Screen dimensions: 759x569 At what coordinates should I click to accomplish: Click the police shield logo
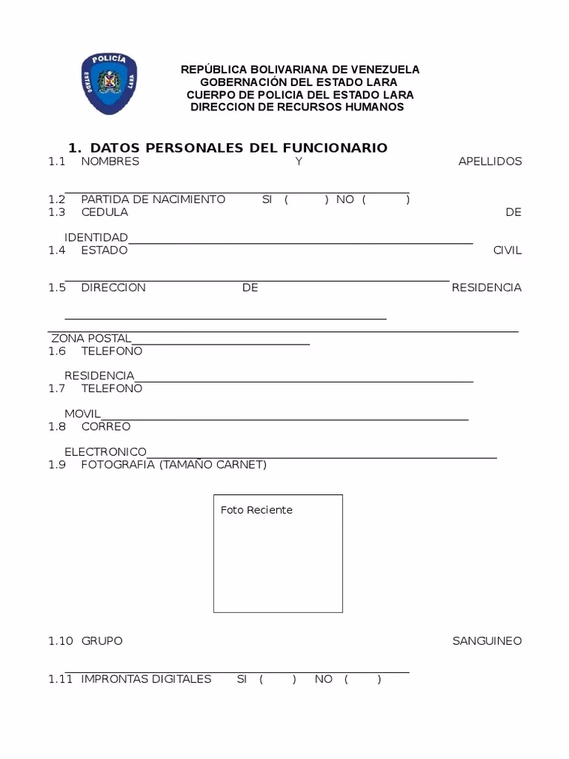point(109,83)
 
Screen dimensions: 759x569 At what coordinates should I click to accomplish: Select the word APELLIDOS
point(490,162)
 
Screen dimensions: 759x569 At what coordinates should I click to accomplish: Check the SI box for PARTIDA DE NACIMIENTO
point(306,199)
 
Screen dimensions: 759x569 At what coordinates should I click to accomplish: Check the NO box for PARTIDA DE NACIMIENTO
point(386,199)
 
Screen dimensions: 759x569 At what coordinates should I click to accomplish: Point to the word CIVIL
point(508,251)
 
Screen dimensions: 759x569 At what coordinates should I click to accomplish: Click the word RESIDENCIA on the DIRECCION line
point(486,288)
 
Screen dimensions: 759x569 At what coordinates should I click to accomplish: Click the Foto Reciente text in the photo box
point(256,510)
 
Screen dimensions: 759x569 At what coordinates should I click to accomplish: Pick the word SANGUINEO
point(487,641)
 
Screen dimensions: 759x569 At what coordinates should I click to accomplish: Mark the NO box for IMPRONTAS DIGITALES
point(362,679)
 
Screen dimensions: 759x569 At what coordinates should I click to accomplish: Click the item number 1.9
point(57,465)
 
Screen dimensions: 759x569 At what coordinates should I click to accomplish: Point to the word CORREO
point(106,427)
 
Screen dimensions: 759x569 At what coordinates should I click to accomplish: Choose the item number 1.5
point(57,288)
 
